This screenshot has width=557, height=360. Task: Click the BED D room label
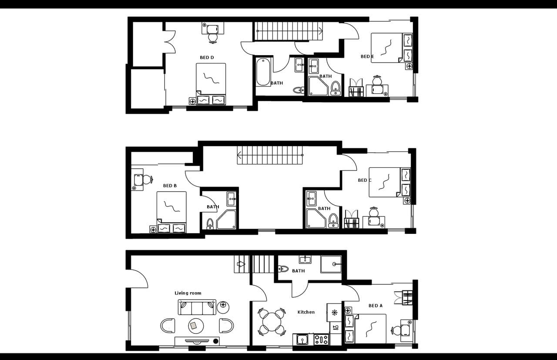click(x=207, y=57)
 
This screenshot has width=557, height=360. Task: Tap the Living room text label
click(x=188, y=293)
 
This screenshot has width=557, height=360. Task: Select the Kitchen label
click(x=306, y=312)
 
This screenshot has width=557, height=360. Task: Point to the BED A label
click(x=376, y=306)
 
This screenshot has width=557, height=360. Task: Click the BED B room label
click(x=170, y=186)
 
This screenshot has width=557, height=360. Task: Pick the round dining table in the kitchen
click(x=272, y=322)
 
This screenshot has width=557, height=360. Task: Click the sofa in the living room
click(x=197, y=307)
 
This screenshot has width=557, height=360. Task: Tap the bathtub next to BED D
click(x=263, y=72)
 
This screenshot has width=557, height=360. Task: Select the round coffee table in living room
click(x=195, y=325)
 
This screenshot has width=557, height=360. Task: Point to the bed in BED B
click(x=171, y=209)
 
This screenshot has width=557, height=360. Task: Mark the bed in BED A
click(x=370, y=329)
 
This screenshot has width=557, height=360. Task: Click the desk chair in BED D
click(x=213, y=38)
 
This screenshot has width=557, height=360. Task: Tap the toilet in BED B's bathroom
click(x=210, y=223)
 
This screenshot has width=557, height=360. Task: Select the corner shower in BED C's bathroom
click(x=315, y=219)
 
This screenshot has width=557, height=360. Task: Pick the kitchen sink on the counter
click(x=301, y=339)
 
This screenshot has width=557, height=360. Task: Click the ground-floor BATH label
click(x=299, y=271)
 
